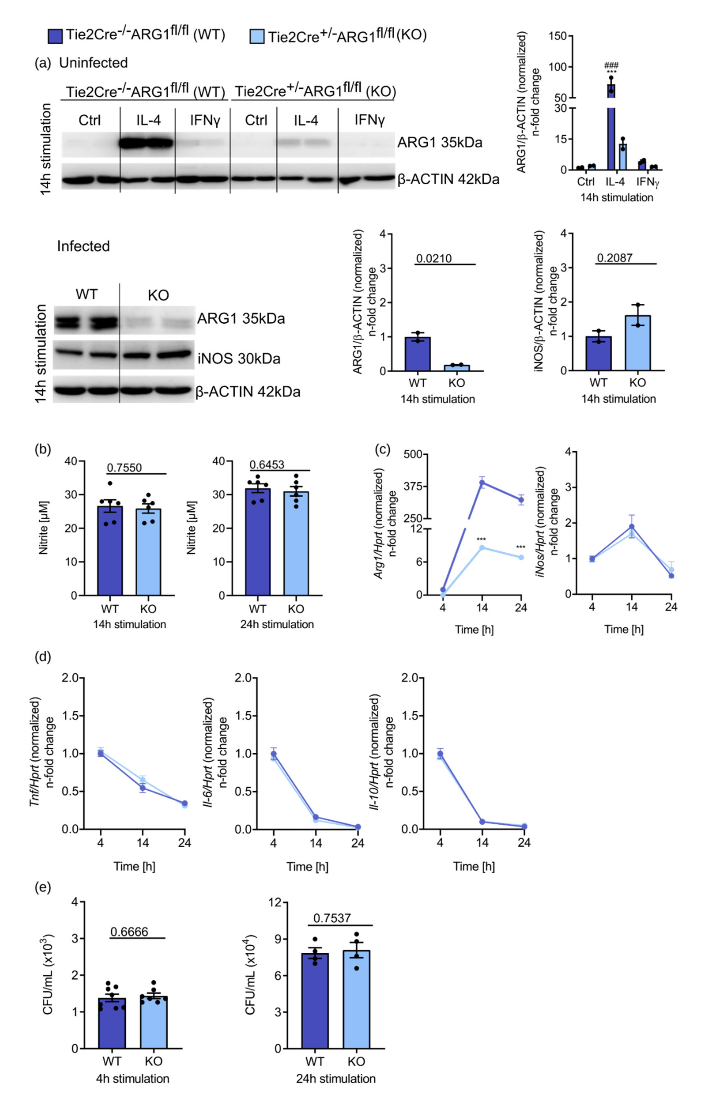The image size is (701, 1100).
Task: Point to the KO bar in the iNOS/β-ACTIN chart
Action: [637, 343]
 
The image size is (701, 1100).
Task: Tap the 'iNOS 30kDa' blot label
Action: [239, 358]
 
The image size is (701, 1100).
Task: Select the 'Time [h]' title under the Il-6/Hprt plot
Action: [307, 867]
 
